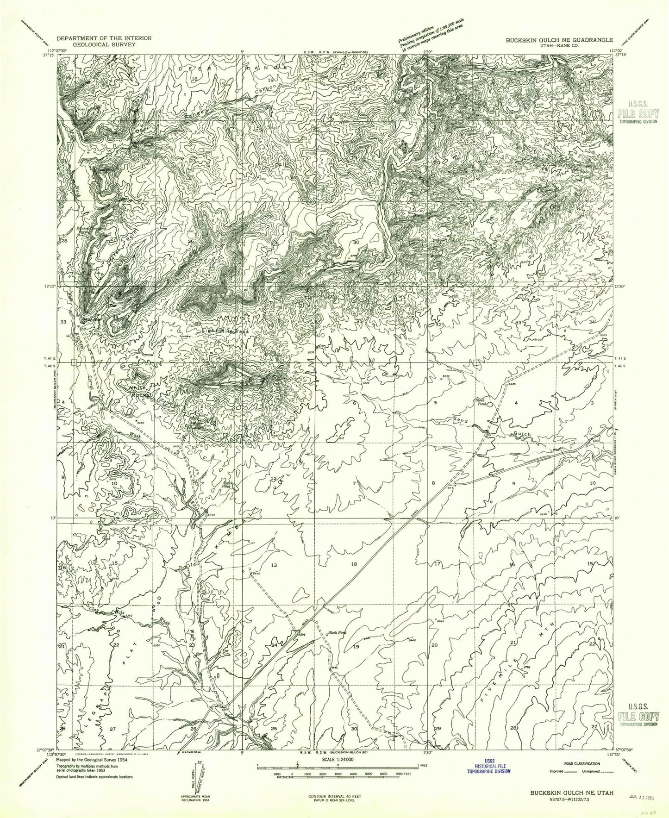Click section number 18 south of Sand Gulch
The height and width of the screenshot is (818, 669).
[355, 564]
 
